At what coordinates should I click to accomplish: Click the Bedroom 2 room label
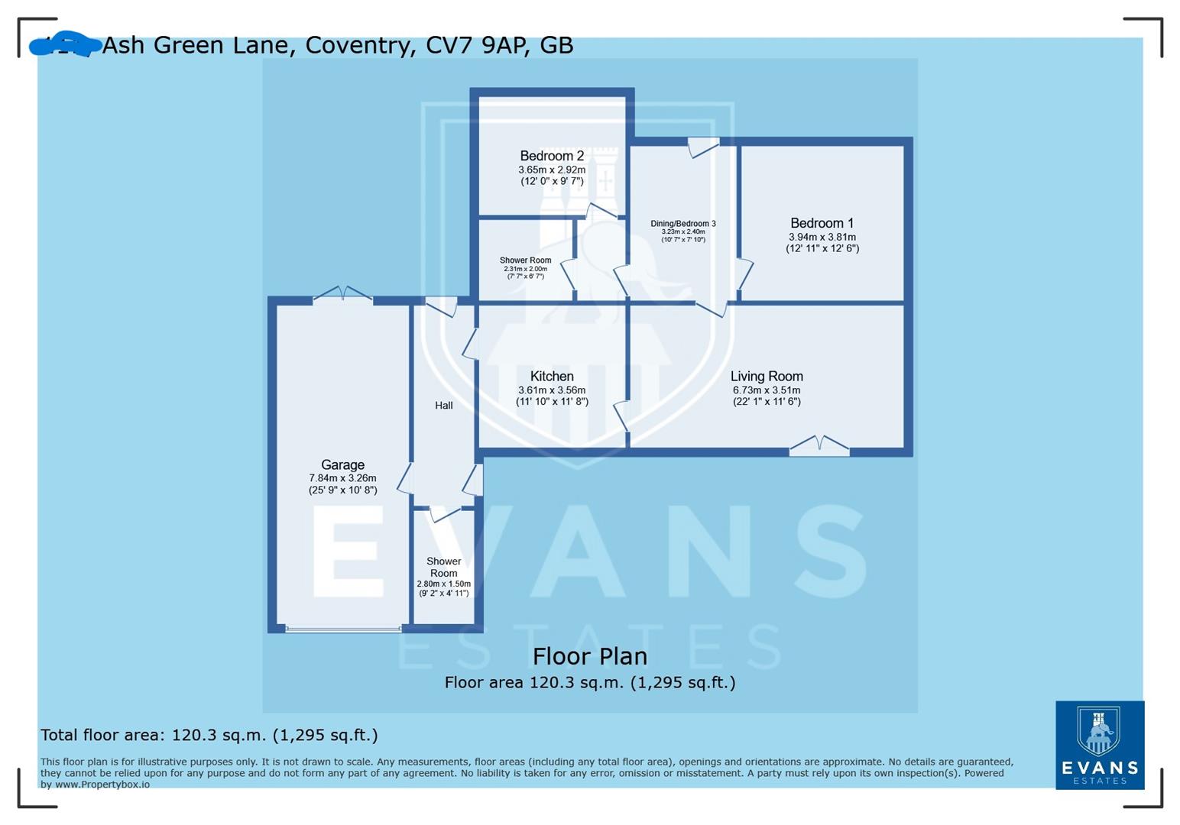coord(552,156)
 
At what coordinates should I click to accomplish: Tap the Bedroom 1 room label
coord(822,223)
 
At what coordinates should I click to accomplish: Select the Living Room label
coord(767,376)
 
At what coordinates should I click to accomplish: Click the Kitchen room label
coord(552,376)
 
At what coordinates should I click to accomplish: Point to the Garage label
coord(342,464)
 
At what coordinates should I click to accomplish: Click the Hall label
coord(444,406)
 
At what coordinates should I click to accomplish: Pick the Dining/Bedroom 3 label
coord(683,224)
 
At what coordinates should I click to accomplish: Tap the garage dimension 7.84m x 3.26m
coord(342,478)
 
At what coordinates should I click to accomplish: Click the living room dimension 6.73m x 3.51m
coord(767,390)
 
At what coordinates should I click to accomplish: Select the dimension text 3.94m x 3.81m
coord(822,237)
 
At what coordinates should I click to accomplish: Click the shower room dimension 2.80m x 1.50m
coord(443,584)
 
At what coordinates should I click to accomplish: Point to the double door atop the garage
coord(343,294)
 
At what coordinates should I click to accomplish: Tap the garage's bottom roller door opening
coord(343,629)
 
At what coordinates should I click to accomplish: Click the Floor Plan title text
coord(589,656)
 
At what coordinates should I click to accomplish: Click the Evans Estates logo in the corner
coord(1100,745)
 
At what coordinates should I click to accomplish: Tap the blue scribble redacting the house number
coord(65,46)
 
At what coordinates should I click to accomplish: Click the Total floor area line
coord(209,735)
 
